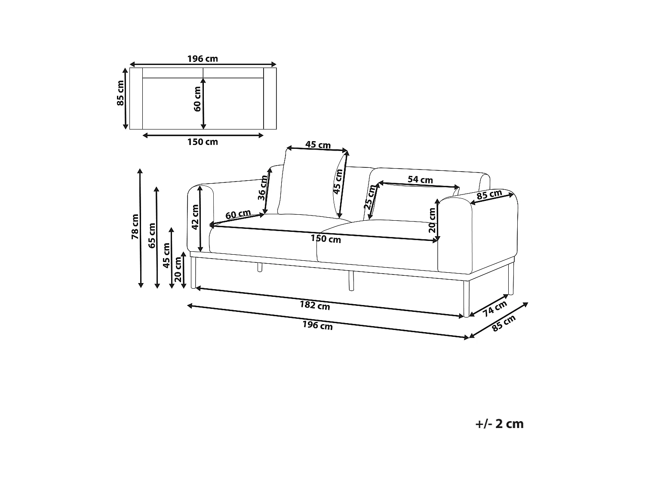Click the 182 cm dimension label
click(314, 306)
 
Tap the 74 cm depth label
click(494, 308)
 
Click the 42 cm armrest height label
click(195, 217)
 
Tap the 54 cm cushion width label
click(420, 179)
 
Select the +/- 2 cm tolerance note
click(499, 424)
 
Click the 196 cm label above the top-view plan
click(203, 59)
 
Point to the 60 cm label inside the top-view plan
click(197, 99)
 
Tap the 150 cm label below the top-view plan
click(203, 142)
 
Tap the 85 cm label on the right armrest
click(489, 195)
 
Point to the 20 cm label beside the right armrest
click(433, 221)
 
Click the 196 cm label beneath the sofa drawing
click(317, 326)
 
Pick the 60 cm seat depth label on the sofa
click(238, 214)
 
